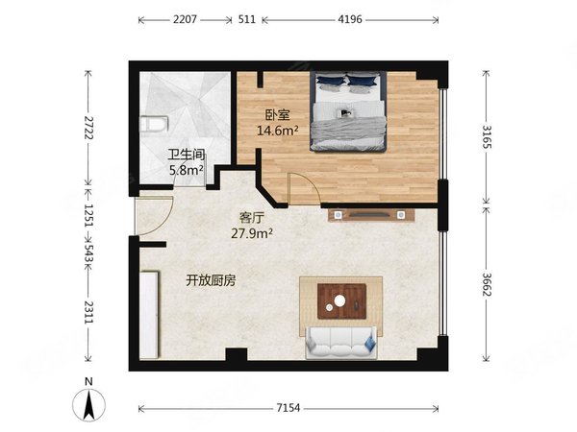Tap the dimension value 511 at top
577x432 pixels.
[246, 18]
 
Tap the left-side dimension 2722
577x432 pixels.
[88, 129]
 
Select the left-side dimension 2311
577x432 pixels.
[88, 315]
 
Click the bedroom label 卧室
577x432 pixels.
[278, 115]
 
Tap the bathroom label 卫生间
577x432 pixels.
[187, 154]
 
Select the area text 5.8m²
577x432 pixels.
[187, 171]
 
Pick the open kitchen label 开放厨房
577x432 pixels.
[212, 280]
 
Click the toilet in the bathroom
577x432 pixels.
[153, 123]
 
